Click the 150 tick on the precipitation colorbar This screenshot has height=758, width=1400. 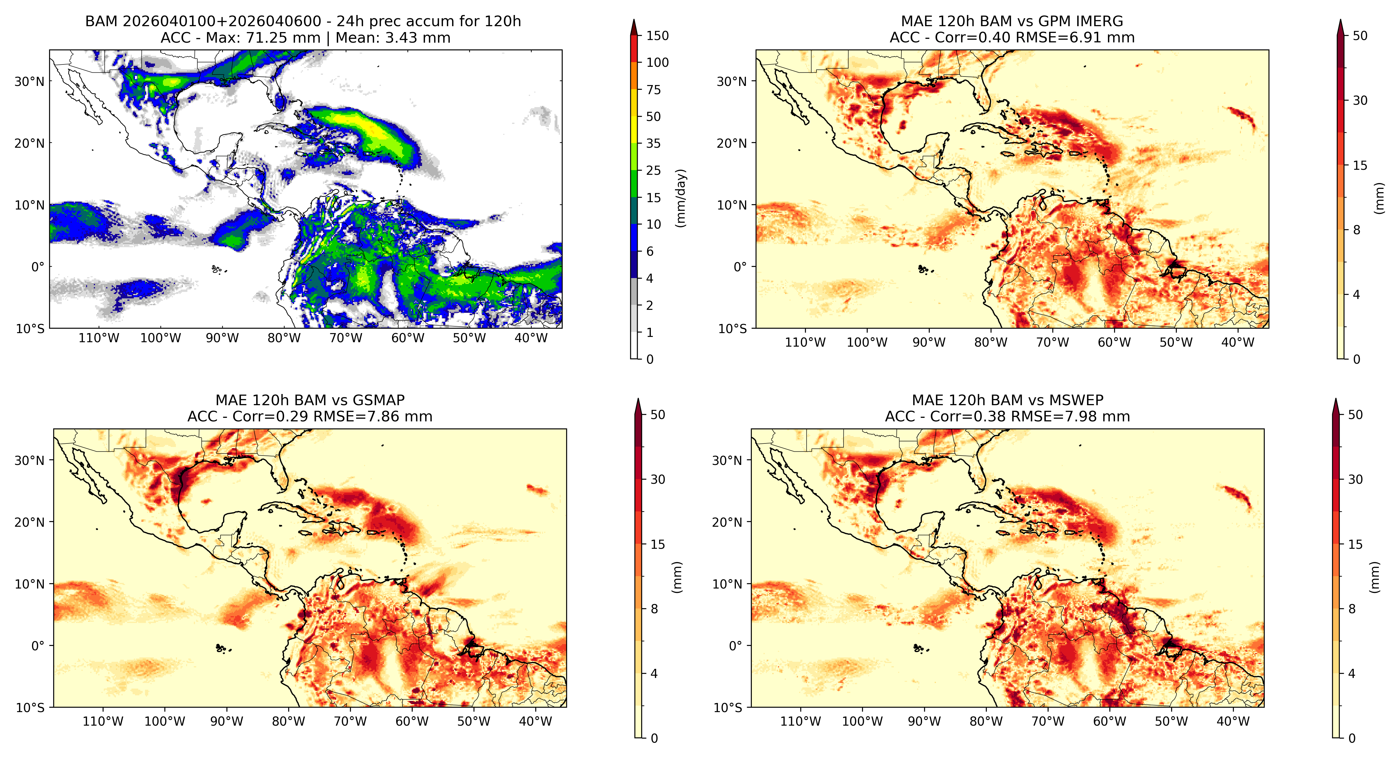(x=657, y=36)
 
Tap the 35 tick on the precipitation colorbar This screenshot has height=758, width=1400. (x=653, y=144)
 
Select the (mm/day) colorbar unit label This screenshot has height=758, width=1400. (x=680, y=198)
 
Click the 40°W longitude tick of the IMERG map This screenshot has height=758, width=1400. (x=1238, y=343)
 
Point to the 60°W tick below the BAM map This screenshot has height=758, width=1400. (x=408, y=338)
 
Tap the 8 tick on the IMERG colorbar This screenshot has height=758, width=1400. (x=1356, y=230)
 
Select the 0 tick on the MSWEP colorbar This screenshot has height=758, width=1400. (x=1352, y=738)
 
